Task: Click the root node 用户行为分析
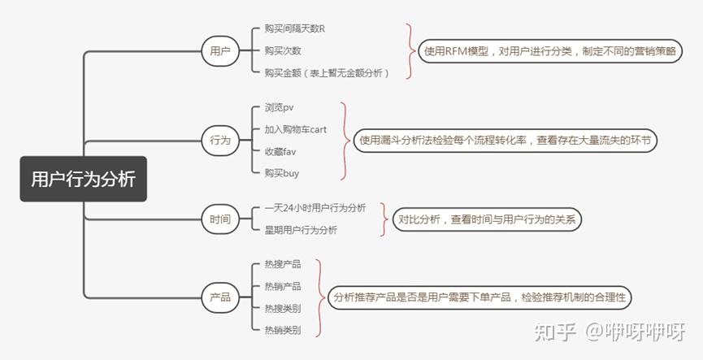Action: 83,179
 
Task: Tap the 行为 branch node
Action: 220,140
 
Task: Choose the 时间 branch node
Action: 220,219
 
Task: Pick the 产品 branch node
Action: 220,297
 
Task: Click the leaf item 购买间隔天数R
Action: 294,28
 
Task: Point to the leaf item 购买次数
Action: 284,50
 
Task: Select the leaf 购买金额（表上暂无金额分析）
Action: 327,73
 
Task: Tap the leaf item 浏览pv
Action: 279,107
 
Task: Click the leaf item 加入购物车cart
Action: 295,129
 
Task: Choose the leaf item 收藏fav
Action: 280,151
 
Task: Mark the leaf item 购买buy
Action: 281,173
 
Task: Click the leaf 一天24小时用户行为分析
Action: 315,208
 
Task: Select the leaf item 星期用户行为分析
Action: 301,230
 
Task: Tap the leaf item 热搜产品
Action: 283,264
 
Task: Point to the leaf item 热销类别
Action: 283,330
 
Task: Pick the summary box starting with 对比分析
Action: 488,219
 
